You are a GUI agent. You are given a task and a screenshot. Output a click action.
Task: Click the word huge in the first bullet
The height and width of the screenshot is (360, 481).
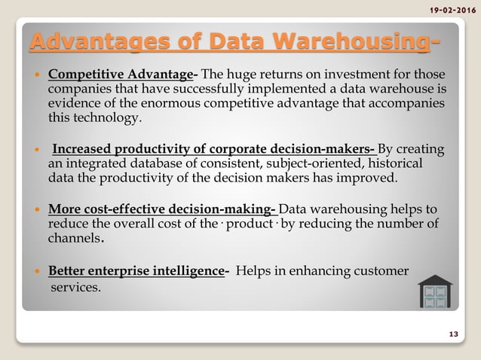tap(245, 75)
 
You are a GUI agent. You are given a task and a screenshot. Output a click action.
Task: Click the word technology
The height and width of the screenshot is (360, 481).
tap(94, 118)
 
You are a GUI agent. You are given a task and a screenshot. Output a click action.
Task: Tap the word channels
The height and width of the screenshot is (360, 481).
tap(74, 239)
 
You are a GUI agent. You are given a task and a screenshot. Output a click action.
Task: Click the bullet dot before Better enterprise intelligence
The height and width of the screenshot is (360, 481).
tap(36, 271)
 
